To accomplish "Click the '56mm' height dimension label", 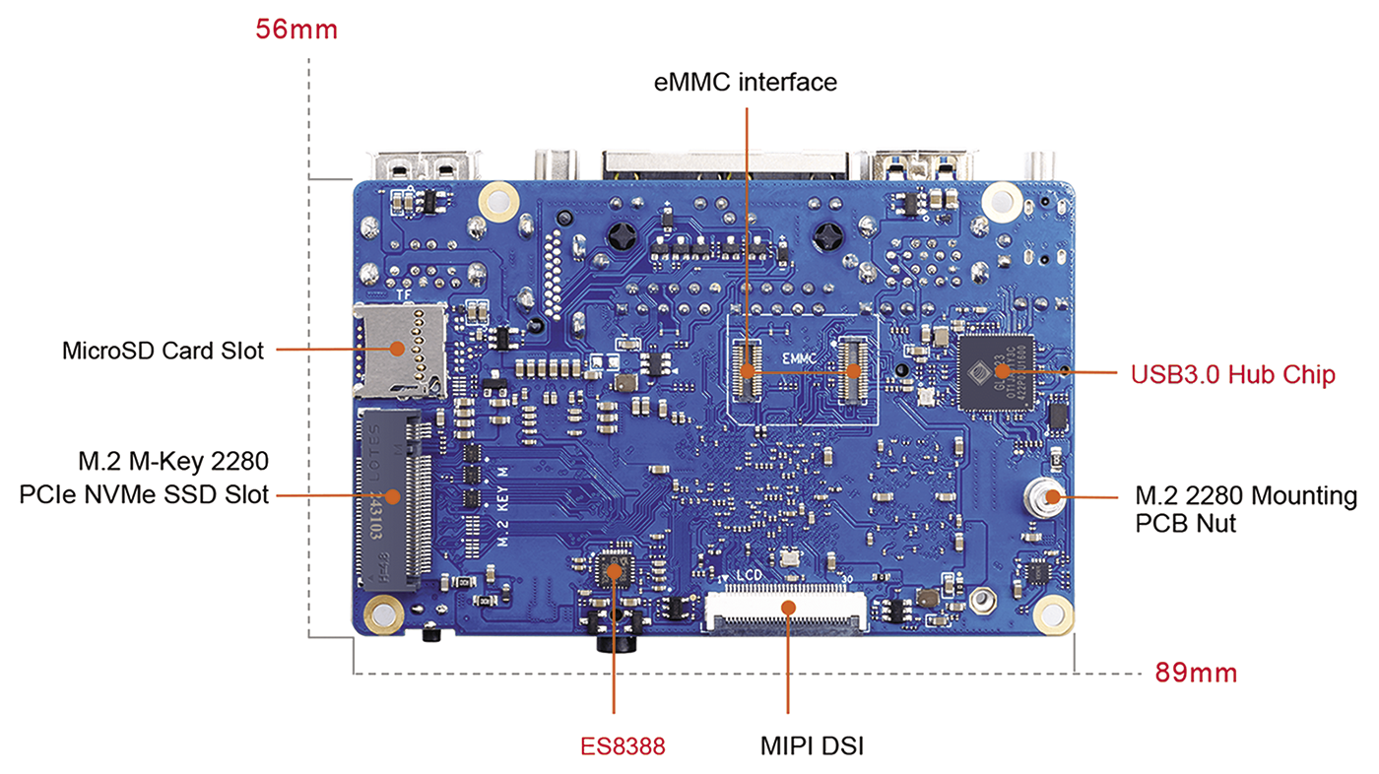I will [x=296, y=30].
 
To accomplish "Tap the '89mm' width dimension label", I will [x=1196, y=674].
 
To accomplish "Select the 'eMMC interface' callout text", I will [x=746, y=82].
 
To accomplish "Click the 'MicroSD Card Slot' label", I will [x=163, y=350].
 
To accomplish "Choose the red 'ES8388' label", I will [x=622, y=746].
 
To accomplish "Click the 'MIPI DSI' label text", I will [x=812, y=746].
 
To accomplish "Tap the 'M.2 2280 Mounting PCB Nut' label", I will [x=1246, y=509].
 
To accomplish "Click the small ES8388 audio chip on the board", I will [x=614, y=570].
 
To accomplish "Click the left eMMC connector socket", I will [x=747, y=372].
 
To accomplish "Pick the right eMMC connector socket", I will [x=853, y=372].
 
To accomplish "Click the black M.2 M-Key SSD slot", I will [x=393, y=497].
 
